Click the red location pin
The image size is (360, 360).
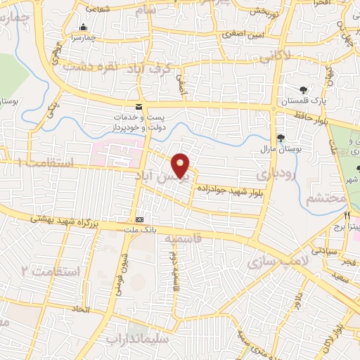pos(181,166)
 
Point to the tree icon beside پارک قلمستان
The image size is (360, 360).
pos(303,90)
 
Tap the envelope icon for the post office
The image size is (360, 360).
pos(138,106)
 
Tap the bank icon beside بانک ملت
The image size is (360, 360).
pos(139,219)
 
